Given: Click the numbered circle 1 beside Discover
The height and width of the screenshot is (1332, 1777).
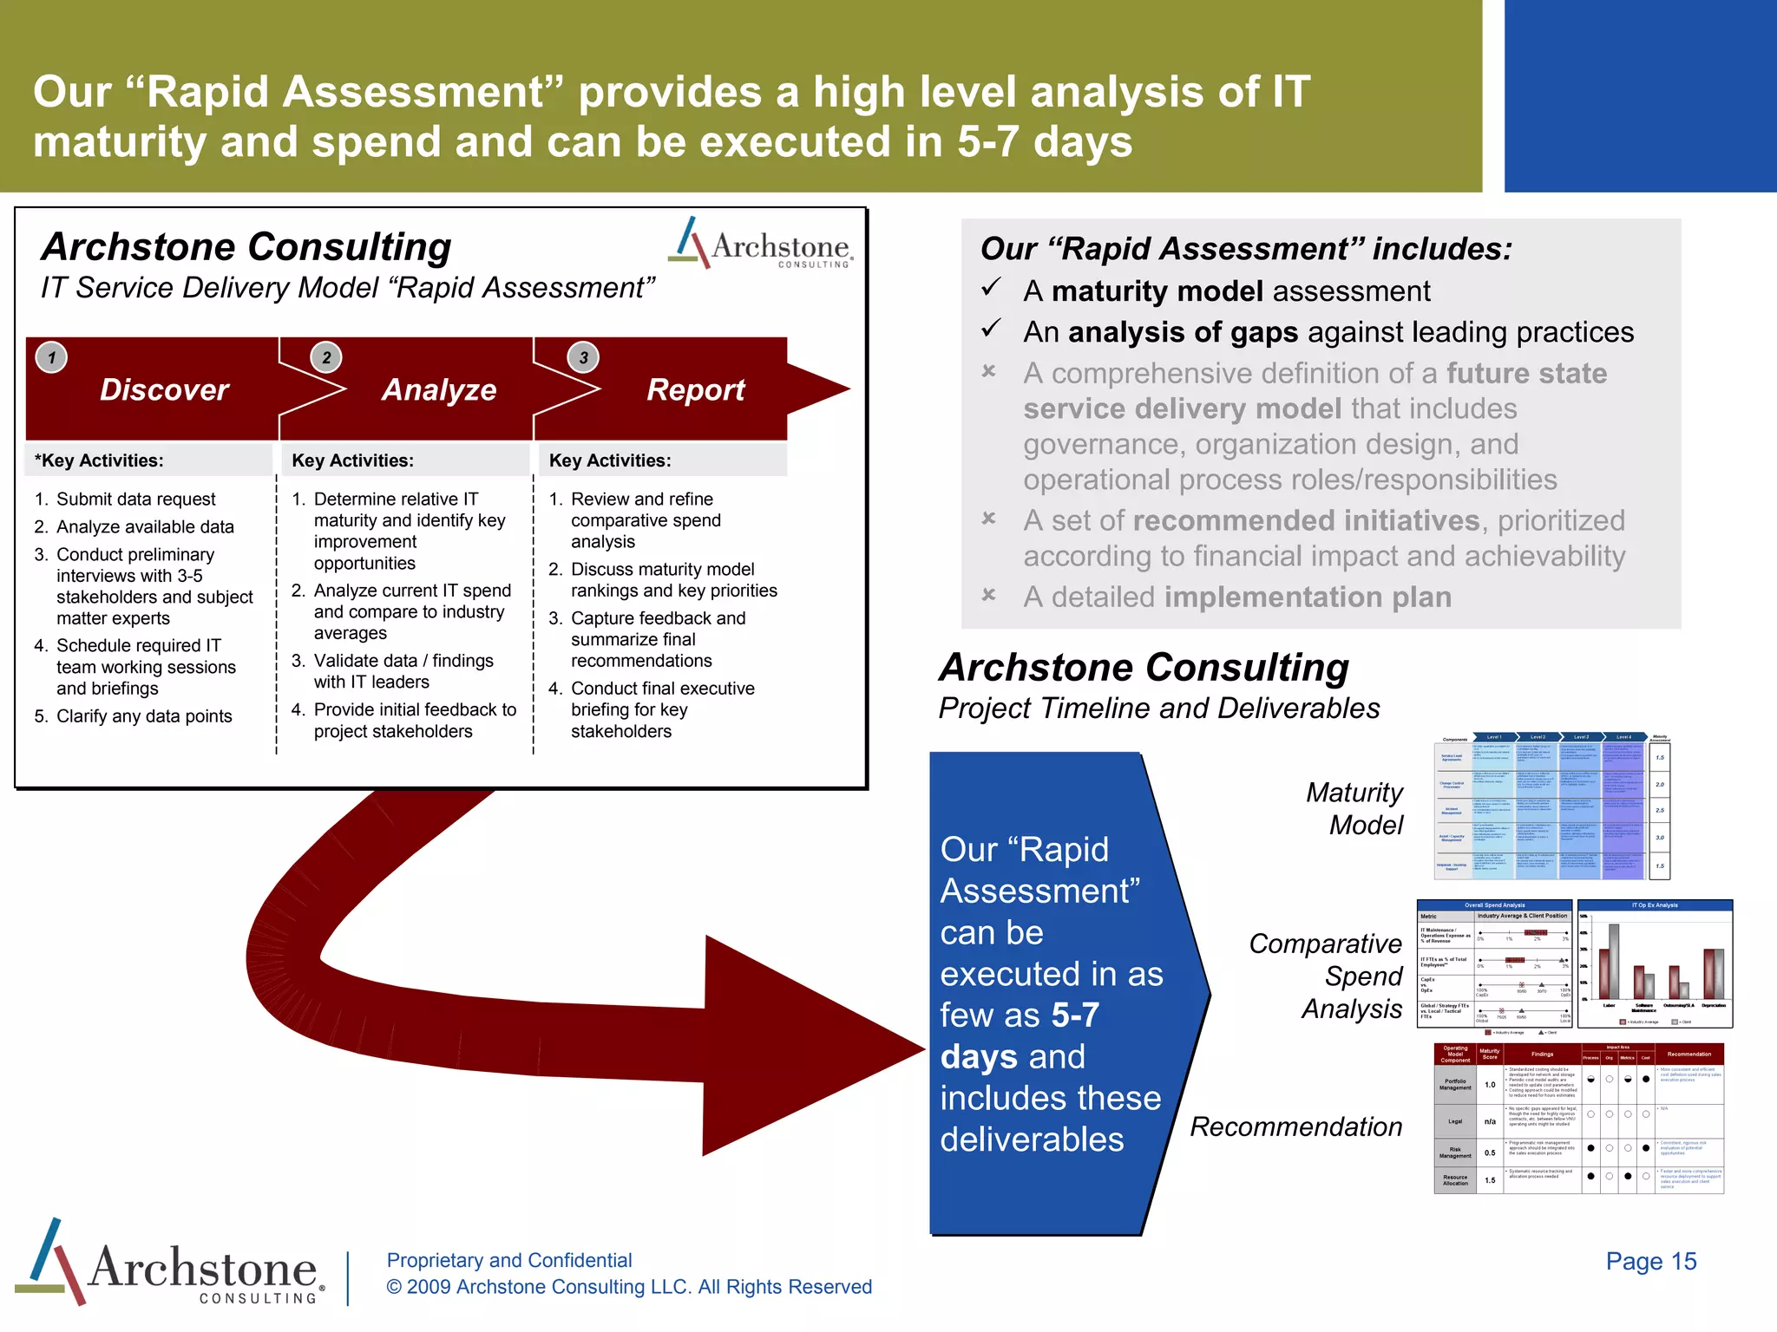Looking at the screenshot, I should pos(52,357).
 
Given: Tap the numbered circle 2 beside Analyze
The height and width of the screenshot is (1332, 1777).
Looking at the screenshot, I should pos(326,357).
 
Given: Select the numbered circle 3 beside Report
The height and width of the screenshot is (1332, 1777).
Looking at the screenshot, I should pos(583,357).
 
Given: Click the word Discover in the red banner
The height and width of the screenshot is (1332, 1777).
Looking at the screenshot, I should pos(164,390).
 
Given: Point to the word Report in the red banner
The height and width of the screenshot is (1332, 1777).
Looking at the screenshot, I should pos(695,390).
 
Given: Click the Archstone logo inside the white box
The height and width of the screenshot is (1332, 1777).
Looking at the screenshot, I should pos(761,244).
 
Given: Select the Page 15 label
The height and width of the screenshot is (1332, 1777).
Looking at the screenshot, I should pos(1650,1261).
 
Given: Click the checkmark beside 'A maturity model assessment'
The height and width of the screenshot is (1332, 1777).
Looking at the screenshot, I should pos(991,288).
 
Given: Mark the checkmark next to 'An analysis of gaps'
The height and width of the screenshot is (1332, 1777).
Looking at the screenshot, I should pos(991,329).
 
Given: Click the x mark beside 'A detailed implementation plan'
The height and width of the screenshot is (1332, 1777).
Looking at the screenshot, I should pos(988,595).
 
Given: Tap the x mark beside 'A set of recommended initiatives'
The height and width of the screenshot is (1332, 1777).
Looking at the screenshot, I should pos(988,519).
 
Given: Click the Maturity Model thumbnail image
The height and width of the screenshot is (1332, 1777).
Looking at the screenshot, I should pos(1552,807).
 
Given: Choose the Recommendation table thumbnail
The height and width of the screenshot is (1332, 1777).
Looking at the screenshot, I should pos(1578,1119).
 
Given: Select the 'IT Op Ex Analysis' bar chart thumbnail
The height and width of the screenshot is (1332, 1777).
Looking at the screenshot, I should pos(1655,963).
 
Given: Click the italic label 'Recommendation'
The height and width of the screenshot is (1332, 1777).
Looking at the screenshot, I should pos(1295,1126).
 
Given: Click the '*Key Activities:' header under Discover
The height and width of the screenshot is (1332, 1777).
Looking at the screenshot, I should pos(99,460).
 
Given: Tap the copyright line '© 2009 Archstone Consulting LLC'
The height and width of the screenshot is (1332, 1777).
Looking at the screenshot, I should pos(629,1287).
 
